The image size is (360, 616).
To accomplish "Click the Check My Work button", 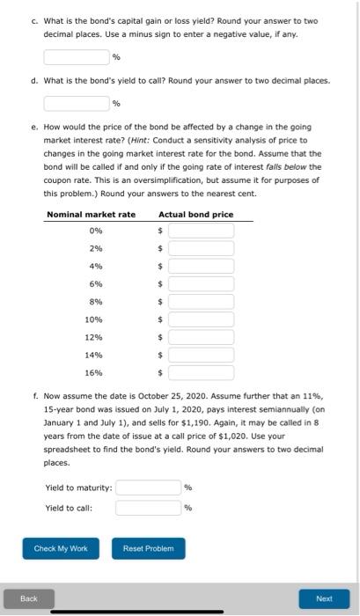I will (61, 548).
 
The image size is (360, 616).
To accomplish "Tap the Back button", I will (29, 598).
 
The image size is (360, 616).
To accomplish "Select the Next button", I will (323, 598).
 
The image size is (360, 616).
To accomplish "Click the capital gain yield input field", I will (77, 56).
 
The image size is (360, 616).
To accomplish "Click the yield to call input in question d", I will (77, 103).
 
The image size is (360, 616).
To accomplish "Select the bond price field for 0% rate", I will (201, 231).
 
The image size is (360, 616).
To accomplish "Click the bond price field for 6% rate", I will (201, 283).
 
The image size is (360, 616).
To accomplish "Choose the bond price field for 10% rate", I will (201, 319).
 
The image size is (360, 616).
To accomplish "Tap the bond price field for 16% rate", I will (201, 372).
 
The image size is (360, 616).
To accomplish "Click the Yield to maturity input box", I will (148, 488).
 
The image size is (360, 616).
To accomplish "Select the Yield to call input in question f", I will (148, 507).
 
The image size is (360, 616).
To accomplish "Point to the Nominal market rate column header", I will (91, 214).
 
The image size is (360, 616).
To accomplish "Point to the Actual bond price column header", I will (195, 214).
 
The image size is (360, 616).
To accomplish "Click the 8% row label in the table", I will (95, 302).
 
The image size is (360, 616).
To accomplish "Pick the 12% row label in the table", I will (94, 337).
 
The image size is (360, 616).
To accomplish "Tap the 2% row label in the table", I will (95, 248).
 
